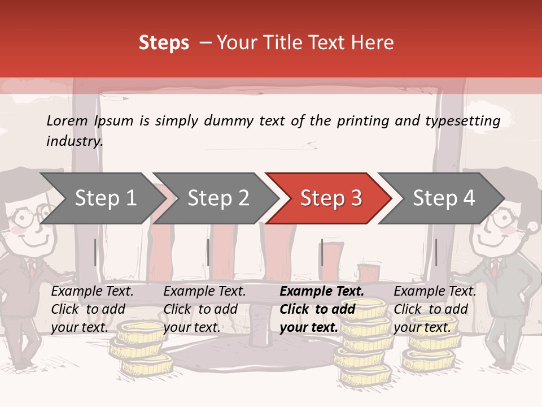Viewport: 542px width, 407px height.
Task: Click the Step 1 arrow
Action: point(102,198)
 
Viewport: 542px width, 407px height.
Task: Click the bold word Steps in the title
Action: point(164,43)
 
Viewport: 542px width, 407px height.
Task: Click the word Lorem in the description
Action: point(67,120)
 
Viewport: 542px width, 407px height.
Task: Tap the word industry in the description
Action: point(74,141)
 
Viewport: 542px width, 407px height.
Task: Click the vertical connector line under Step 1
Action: point(95,252)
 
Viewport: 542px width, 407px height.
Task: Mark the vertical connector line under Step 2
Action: point(208,252)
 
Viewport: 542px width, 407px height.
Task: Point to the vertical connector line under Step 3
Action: point(322,252)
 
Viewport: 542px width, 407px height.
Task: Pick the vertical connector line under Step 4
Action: point(436,252)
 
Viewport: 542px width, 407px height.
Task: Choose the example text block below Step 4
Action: point(434,309)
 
